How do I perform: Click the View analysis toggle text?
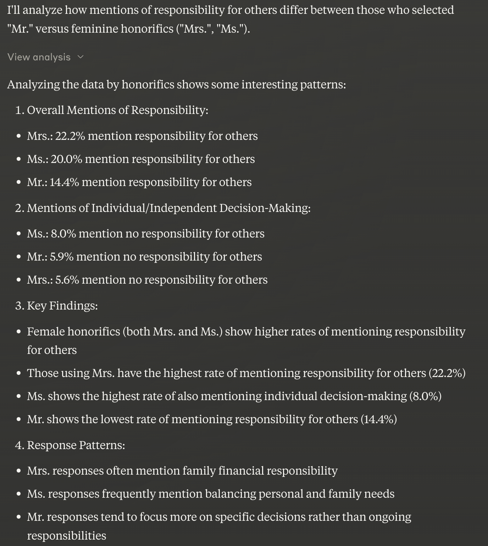pos(39,57)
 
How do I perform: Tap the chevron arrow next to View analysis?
pos(81,57)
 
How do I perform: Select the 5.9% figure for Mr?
pos(62,257)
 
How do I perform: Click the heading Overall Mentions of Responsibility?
pos(117,110)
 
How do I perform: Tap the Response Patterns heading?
pos(76,445)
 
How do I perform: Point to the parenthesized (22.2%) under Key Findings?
pos(447,373)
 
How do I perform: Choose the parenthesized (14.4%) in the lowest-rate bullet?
pos(378,419)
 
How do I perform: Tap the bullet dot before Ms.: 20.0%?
pos(18,159)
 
